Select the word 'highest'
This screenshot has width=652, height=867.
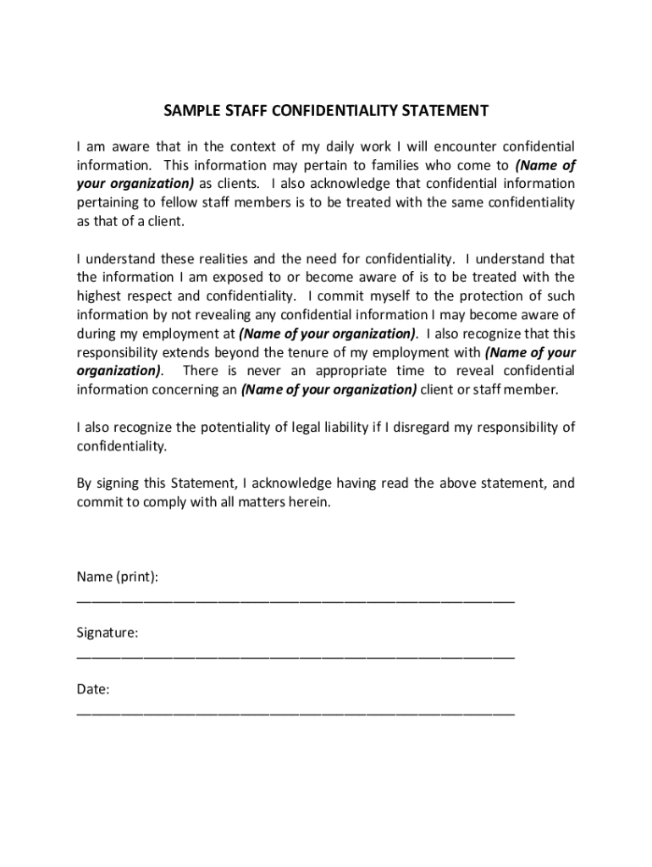pyautogui.click(x=101, y=295)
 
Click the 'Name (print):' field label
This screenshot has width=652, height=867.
pyautogui.click(x=117, y=577)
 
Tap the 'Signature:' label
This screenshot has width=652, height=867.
pyautogui.click(x=108, y=632)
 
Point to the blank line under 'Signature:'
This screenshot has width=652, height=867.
pyautogui.click(x=295, y=656)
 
